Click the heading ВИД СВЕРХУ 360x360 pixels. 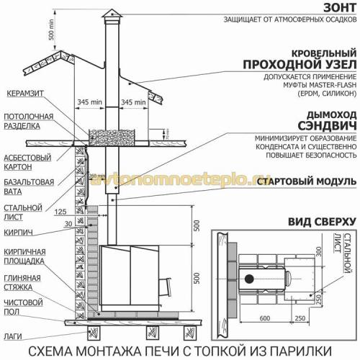321,220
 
